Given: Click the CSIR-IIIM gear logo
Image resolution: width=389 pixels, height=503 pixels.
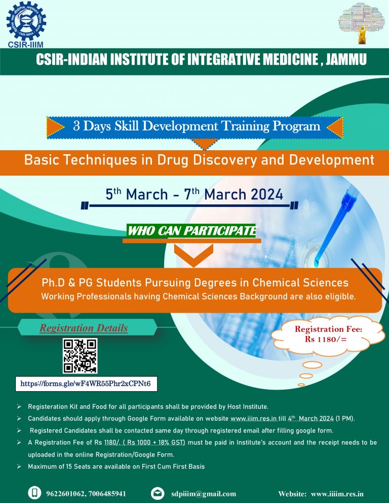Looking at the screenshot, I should (x=26, y=21).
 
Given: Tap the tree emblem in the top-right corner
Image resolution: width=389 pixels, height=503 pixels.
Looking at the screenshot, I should (x=361, y=23).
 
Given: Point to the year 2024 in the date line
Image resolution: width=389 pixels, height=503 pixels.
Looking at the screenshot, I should (x=262, y=195).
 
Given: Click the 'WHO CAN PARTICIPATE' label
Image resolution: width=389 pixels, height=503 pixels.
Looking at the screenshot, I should (x=191, y=231).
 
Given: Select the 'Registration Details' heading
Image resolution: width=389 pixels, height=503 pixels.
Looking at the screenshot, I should (x=84, y=328).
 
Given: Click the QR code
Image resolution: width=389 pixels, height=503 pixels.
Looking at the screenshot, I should (x=80, y=356).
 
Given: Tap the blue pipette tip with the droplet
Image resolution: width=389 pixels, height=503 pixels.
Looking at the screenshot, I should (x=318, y=261).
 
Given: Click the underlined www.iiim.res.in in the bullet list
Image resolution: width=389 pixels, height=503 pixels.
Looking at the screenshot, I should (x=254, y=418).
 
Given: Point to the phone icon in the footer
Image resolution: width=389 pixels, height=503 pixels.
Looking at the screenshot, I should (x=35, y=493).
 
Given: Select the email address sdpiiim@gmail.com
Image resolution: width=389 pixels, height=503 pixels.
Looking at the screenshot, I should (x=204, y=493).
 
